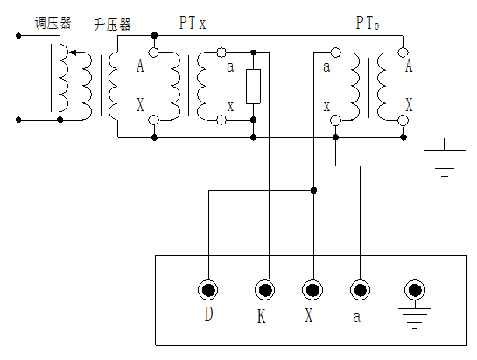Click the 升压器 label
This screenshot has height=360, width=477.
point(112,25)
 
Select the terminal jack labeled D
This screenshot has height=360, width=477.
point(209,290)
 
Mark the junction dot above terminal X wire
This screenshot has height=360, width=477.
point(313,188)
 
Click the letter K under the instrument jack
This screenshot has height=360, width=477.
point(262,316)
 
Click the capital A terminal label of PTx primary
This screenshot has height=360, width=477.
point(140,65)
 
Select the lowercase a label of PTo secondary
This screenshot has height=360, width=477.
point(326,66)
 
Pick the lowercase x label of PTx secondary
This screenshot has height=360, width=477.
point(230,105)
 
